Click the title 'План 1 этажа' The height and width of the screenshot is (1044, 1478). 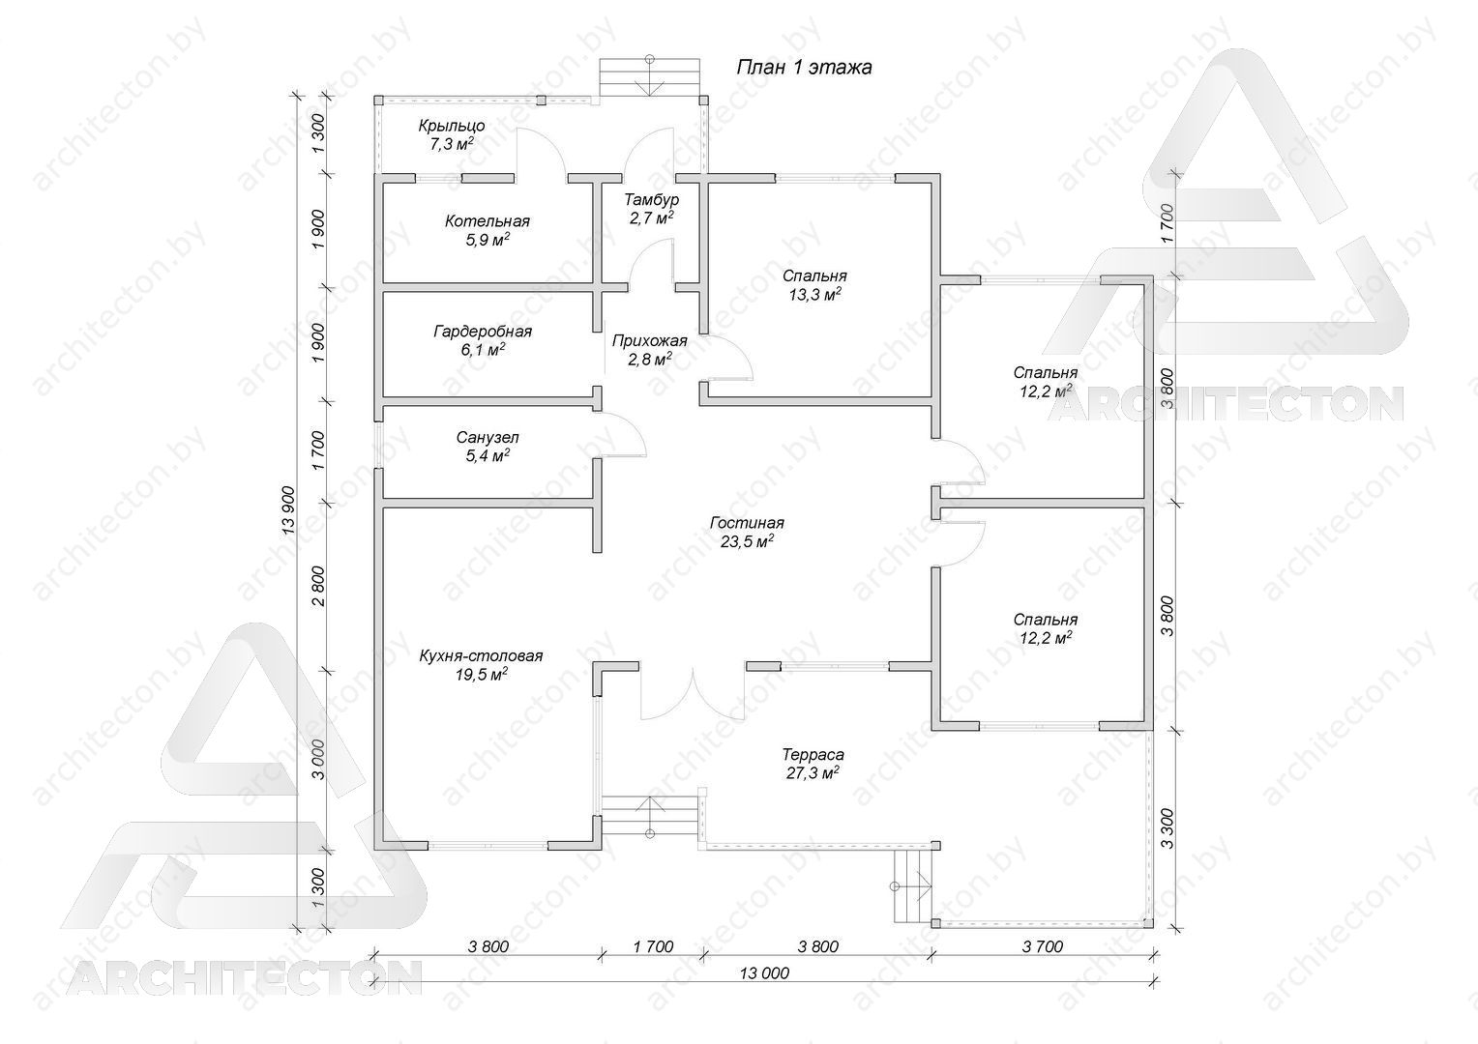coord(804,68)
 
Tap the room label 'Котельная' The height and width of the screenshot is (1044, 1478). coord(487,221)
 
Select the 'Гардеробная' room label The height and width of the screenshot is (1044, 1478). coord(483,331)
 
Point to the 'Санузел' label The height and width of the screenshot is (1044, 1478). coord(487,437)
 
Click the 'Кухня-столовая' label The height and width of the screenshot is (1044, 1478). coord(481,655)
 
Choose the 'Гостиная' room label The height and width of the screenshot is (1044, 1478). coord(747,523)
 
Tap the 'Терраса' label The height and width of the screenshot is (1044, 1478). coord(813,754)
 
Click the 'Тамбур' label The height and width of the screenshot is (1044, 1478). coord(651,199)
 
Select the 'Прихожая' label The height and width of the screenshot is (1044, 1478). coord(649,341)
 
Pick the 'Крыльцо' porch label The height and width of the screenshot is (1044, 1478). coord(452,126)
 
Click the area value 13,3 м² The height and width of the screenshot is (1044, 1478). coord(814,294)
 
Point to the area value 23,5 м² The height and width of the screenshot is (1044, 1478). coord(747,541)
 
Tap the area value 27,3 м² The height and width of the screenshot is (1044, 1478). coord(813,772)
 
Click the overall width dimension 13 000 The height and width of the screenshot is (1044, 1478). coord(764,972)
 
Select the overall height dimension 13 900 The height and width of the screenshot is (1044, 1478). coord(288,511)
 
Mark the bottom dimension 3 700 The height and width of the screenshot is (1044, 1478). coord(1043,946)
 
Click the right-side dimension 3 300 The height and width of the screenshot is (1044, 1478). coord(1167,827)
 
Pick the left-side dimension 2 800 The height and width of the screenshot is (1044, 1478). coord(318,587)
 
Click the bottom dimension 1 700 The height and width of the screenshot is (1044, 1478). coord(653,946)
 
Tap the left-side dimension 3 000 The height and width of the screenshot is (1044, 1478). coord(318,760)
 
